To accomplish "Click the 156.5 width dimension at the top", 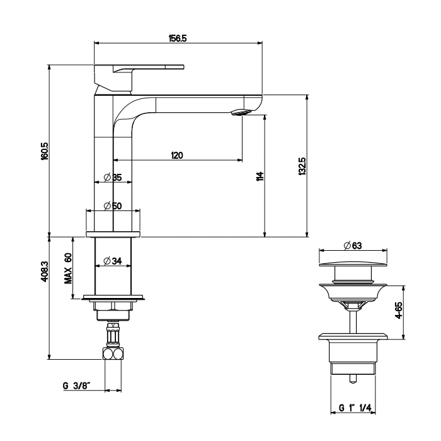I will [177, 38].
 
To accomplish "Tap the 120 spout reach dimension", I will [176, 156].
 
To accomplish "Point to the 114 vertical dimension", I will [260, 176].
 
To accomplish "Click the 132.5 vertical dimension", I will [302, 167].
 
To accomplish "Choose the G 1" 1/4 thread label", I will [356, 408].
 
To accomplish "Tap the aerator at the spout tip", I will [241, 113].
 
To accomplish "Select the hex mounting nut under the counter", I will [113, 308].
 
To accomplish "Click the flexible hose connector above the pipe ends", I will [113, 335].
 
